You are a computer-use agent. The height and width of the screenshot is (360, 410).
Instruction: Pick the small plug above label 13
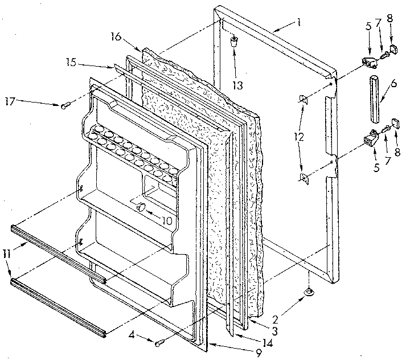click(x=234, y=42)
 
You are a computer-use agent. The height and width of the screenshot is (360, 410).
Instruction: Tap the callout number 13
click(x=237, y=85)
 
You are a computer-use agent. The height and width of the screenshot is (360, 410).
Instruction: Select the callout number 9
click(x=259, y=353)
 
